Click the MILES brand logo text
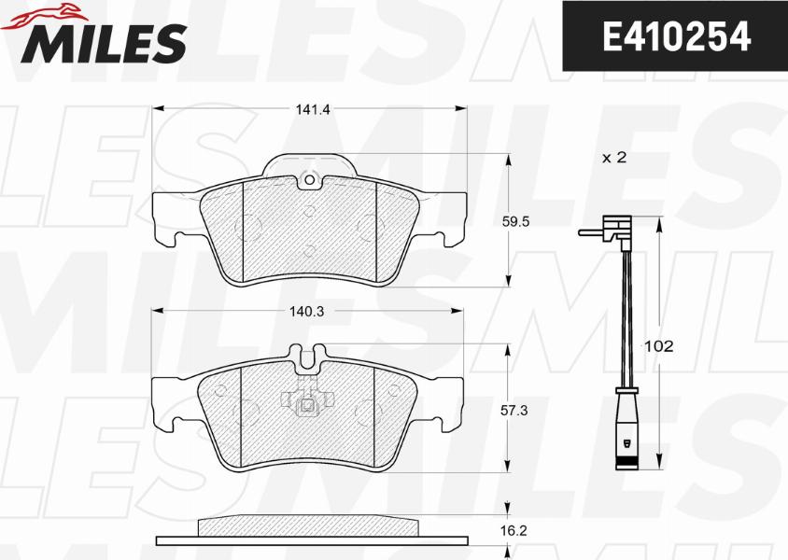click(x=104, y=43)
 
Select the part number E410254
click(x=677, y=36)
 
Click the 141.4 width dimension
click(x=312, y=109)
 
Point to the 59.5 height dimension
click(x=515, y=221)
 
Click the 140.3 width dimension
click(x=306, y=312)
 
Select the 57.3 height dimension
click(x=514, y=411)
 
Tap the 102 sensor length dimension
click(x=658, y=346)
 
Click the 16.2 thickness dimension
click(x=514, y=530)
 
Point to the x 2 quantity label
click(x=614, y=158)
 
